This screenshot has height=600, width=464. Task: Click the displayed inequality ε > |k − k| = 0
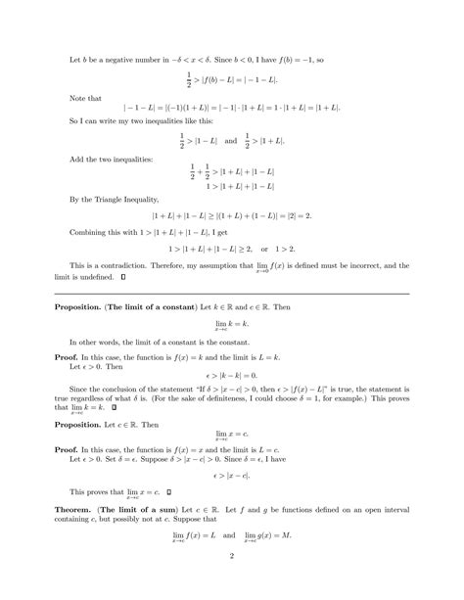pos(232,377)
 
